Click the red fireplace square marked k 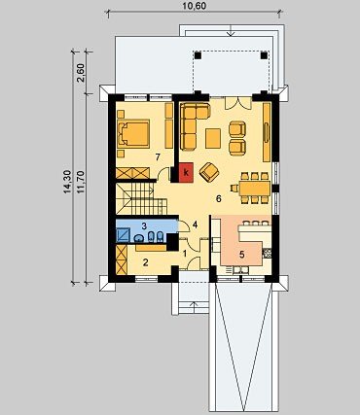(186, 171)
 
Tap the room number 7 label (158, 157)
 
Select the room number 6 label (219, 198)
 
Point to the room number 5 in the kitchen (242, 255)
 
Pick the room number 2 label (146, 262)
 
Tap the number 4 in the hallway (195, 225)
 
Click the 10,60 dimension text (195, 6)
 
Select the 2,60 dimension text (81, 73)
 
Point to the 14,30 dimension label (67, 182)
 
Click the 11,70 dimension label (81, 182)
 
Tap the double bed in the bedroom (133, 133)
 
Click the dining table (255, 188)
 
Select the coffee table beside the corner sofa (213, 138)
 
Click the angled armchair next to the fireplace (209, 172)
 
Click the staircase (141, 198)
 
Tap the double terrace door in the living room (238, 102)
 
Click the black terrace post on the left (198, 55)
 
